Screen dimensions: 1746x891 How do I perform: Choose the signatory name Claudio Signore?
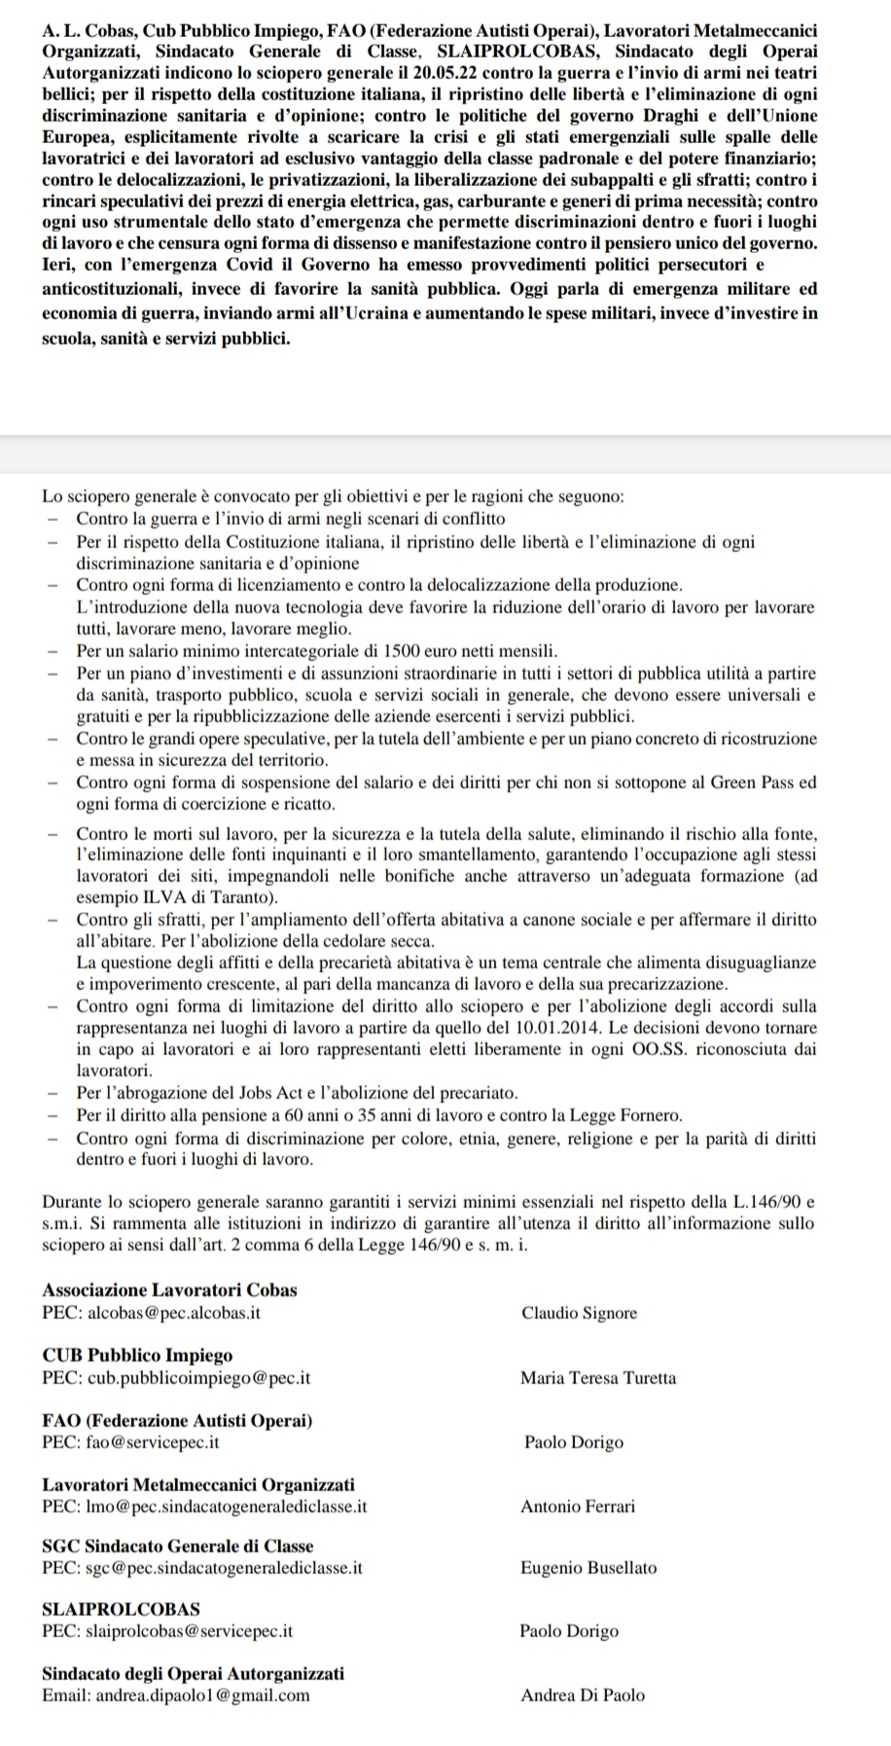click(x=579, y=1313)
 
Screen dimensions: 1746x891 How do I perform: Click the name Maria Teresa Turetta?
click(x=598, y=1377)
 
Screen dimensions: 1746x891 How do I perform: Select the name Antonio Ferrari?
click(x=578, y=1507)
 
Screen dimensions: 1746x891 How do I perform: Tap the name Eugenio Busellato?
click(x=588, y=1567)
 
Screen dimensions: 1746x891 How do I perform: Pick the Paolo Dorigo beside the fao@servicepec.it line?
click(x=574, y=1442)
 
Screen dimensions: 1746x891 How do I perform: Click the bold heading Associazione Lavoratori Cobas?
click(x=169, y=1291)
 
